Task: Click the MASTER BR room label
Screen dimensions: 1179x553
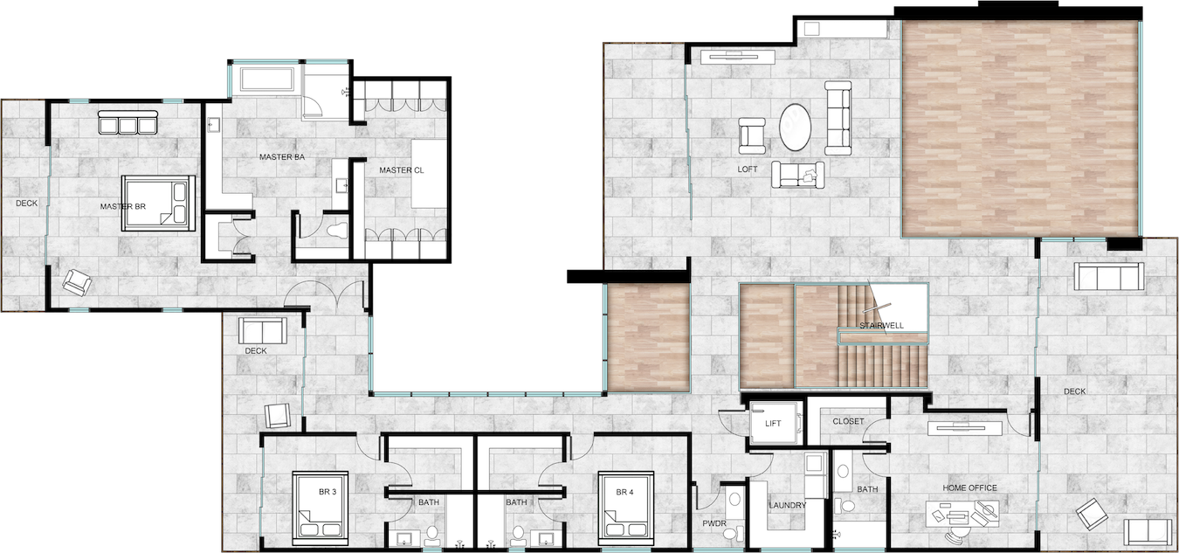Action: [122, 206]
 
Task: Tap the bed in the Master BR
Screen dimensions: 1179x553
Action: [158, 204]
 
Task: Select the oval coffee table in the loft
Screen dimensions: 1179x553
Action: [795, 128]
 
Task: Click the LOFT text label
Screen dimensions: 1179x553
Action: [748, 169]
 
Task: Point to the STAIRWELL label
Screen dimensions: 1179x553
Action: [881, 326]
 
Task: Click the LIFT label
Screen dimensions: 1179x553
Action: [773, 424]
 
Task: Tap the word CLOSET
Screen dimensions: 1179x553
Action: [849, 421]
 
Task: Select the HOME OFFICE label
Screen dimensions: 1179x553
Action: [969, 488]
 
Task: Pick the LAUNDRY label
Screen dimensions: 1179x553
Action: [788, 506]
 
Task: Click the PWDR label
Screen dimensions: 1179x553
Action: [714, 523]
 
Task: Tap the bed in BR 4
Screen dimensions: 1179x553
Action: [626, 508]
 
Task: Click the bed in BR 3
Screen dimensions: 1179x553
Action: [320, 508]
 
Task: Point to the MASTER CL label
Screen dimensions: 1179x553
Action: [402, 170]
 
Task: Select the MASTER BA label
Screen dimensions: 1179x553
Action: [282, 157]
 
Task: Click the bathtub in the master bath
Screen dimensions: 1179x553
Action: [267, 79]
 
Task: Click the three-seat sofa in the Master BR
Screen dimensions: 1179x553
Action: [128, 122]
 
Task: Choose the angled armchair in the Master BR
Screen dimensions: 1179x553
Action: [78, 282]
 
